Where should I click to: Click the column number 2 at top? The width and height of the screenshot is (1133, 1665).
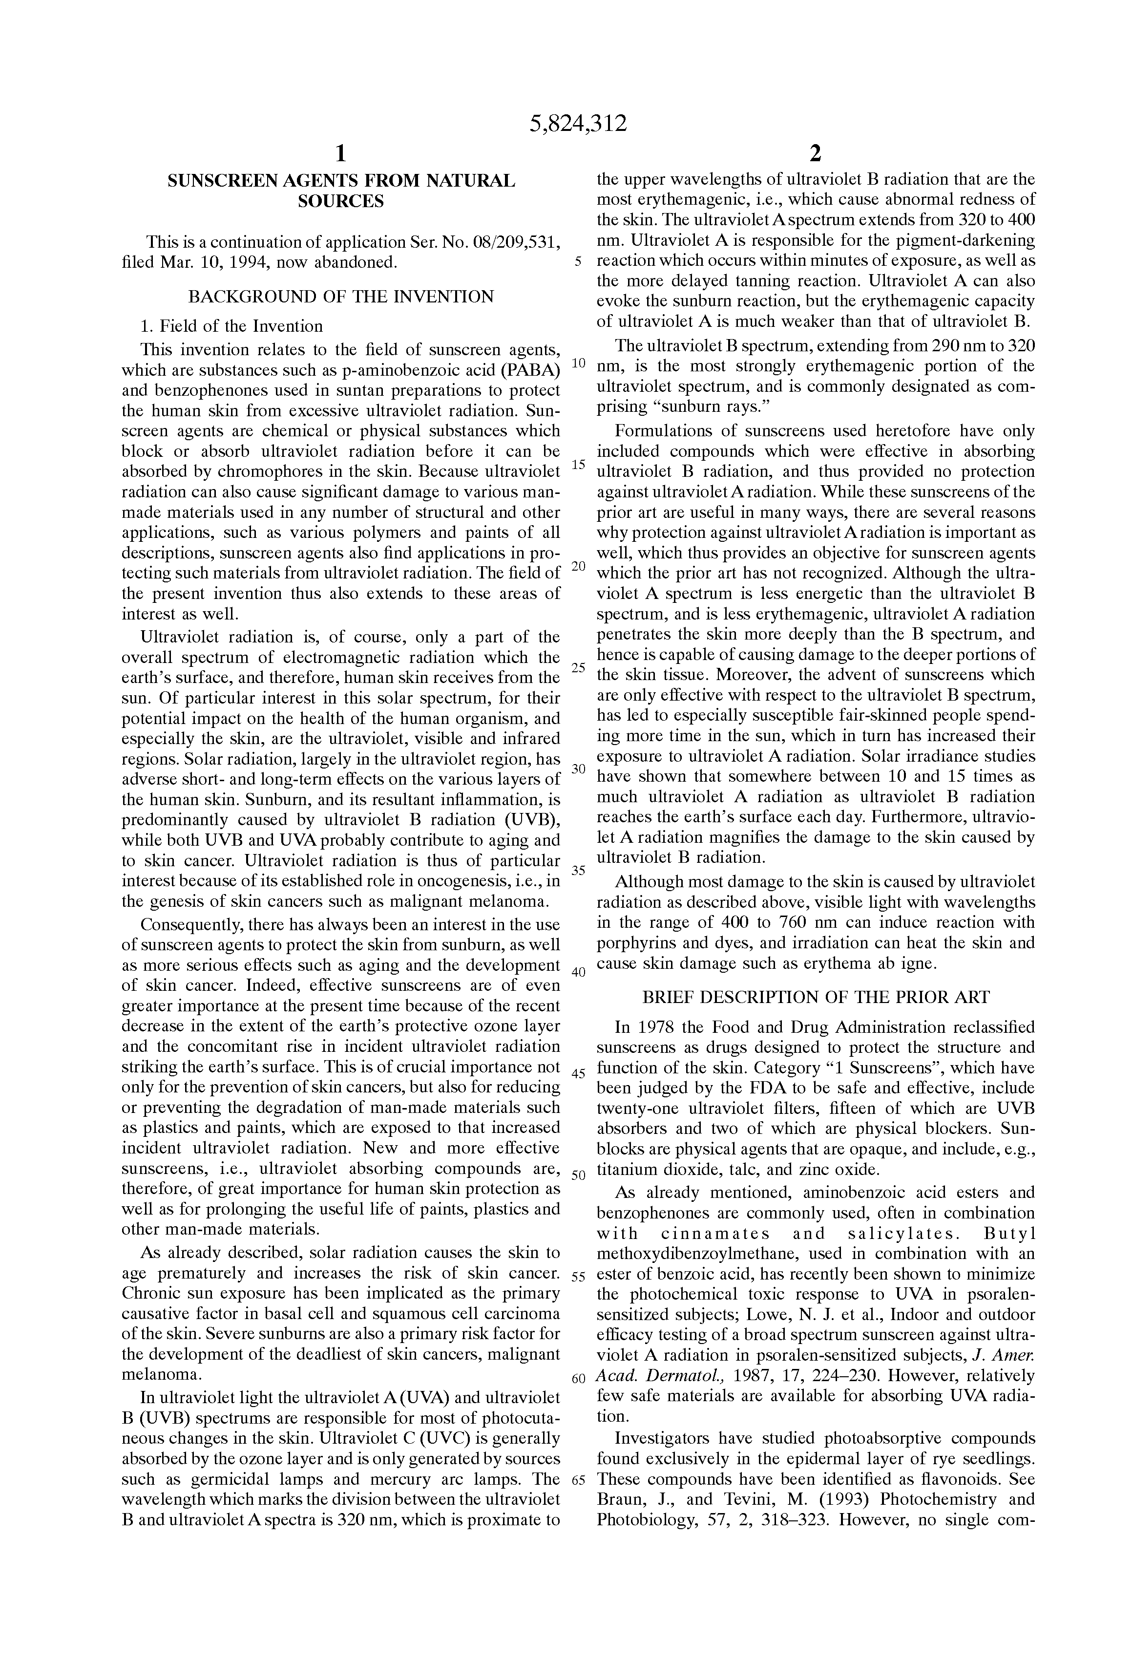815,153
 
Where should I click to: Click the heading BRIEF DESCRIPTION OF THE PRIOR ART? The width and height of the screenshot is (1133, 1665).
816,997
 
